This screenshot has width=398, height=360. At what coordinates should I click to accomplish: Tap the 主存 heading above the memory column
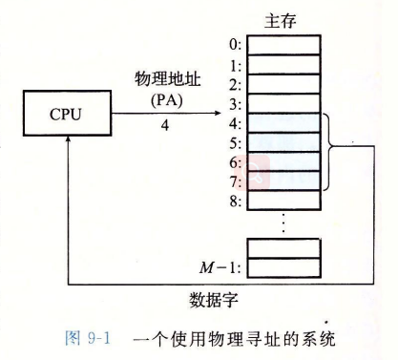pyautogui.click(x=281, y=19)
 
